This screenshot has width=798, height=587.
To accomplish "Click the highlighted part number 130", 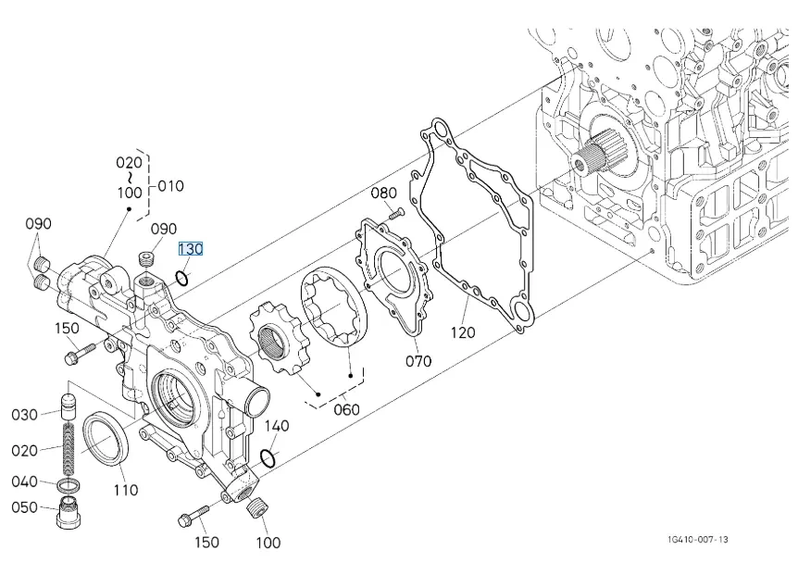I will (191, 249).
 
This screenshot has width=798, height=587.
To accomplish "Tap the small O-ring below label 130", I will (183, 277).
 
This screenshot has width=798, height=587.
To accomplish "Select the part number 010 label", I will (170, 186).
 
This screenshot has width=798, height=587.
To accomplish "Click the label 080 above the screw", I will (383, 194).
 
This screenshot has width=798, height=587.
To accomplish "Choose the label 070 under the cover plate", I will (418, 360).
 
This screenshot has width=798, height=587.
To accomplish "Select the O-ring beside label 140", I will (268, 457).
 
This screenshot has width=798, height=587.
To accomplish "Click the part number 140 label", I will (277, 426).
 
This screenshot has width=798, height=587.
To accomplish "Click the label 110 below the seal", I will (125, 490).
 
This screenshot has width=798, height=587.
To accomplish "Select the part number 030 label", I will (25, 415).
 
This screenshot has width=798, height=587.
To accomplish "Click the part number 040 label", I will (25, 481).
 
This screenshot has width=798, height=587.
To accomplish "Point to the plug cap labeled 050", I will (68, 512).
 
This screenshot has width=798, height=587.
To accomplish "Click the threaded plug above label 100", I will (257, 506).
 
